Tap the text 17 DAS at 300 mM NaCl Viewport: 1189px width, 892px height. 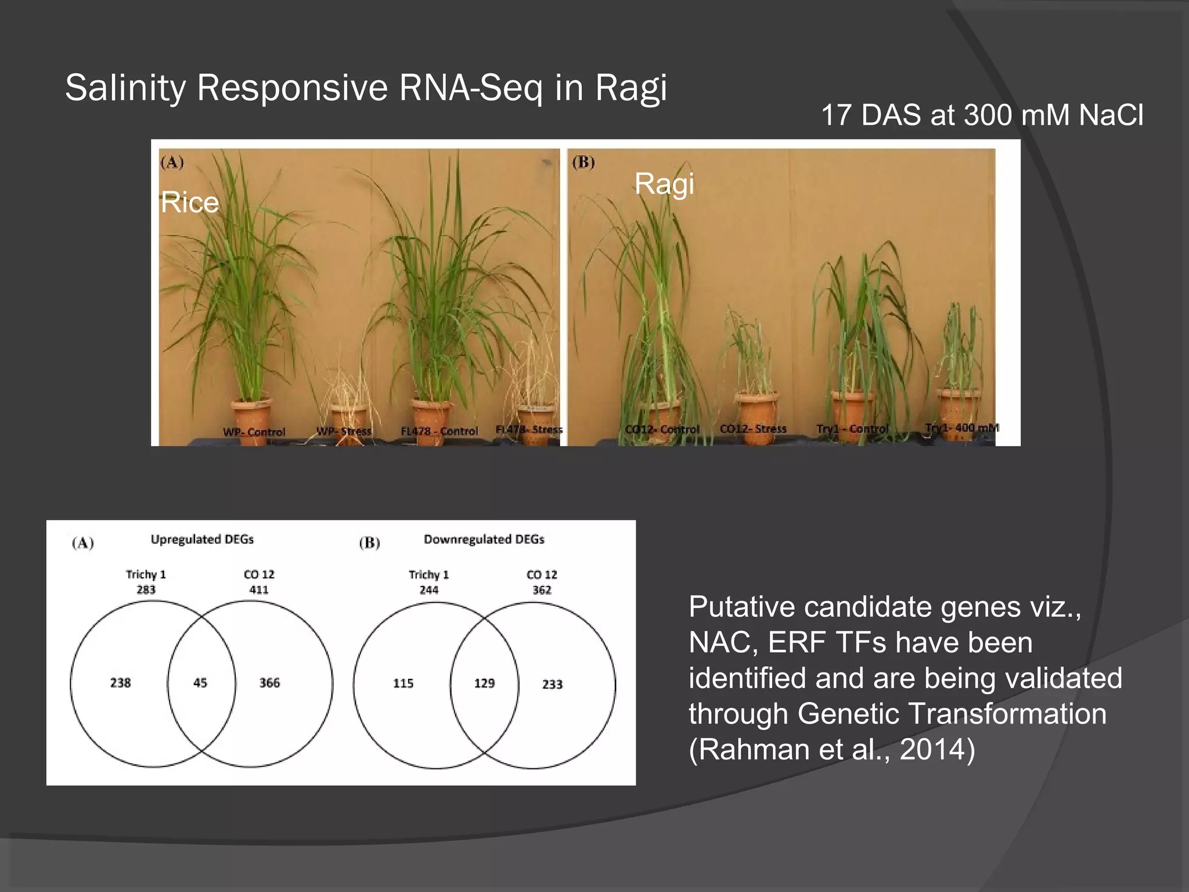pyautogui.click(x=982, y=115)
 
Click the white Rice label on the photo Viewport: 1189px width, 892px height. pyautogui.click(x=190, y=203)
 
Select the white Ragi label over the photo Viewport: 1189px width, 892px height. pyautogui.click(x=664, y=184)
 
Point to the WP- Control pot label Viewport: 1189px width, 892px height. pyautogui.click(x=254, y=432)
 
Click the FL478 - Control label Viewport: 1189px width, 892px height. pyautogui.click(x=439, y=431)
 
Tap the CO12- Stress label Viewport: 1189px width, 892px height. pyautogui.click(x=753, y=429)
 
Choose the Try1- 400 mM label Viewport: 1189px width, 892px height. pyautogui.click(x=961, y=428)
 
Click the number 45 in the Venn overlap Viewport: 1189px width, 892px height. pyautogui.click(x=200, y=683)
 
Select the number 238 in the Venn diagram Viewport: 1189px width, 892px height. pyautogui.click(x=121, y=683)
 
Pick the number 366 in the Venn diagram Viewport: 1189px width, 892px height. pyautogui.click(x=269, y=683)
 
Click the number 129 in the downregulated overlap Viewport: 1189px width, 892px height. pyautogui.click(x=484, y=684)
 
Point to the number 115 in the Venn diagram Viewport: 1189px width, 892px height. pyautogui.click(x=403, y=684)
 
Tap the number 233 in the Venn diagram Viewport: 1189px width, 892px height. pyautogui.click(x=552, y=685)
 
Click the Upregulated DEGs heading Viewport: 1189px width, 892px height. pyautogui.click(x=202, y=539)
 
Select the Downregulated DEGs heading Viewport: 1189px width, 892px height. pyautogui.click(x=484, y=539)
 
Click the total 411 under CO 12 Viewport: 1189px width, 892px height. pyautogui.click(x=259, y=590)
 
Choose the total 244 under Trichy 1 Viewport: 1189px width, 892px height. pyautogui.click(x=429, y=590)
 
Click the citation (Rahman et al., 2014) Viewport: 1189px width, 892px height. pyautogui.click(x=831, y=749)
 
